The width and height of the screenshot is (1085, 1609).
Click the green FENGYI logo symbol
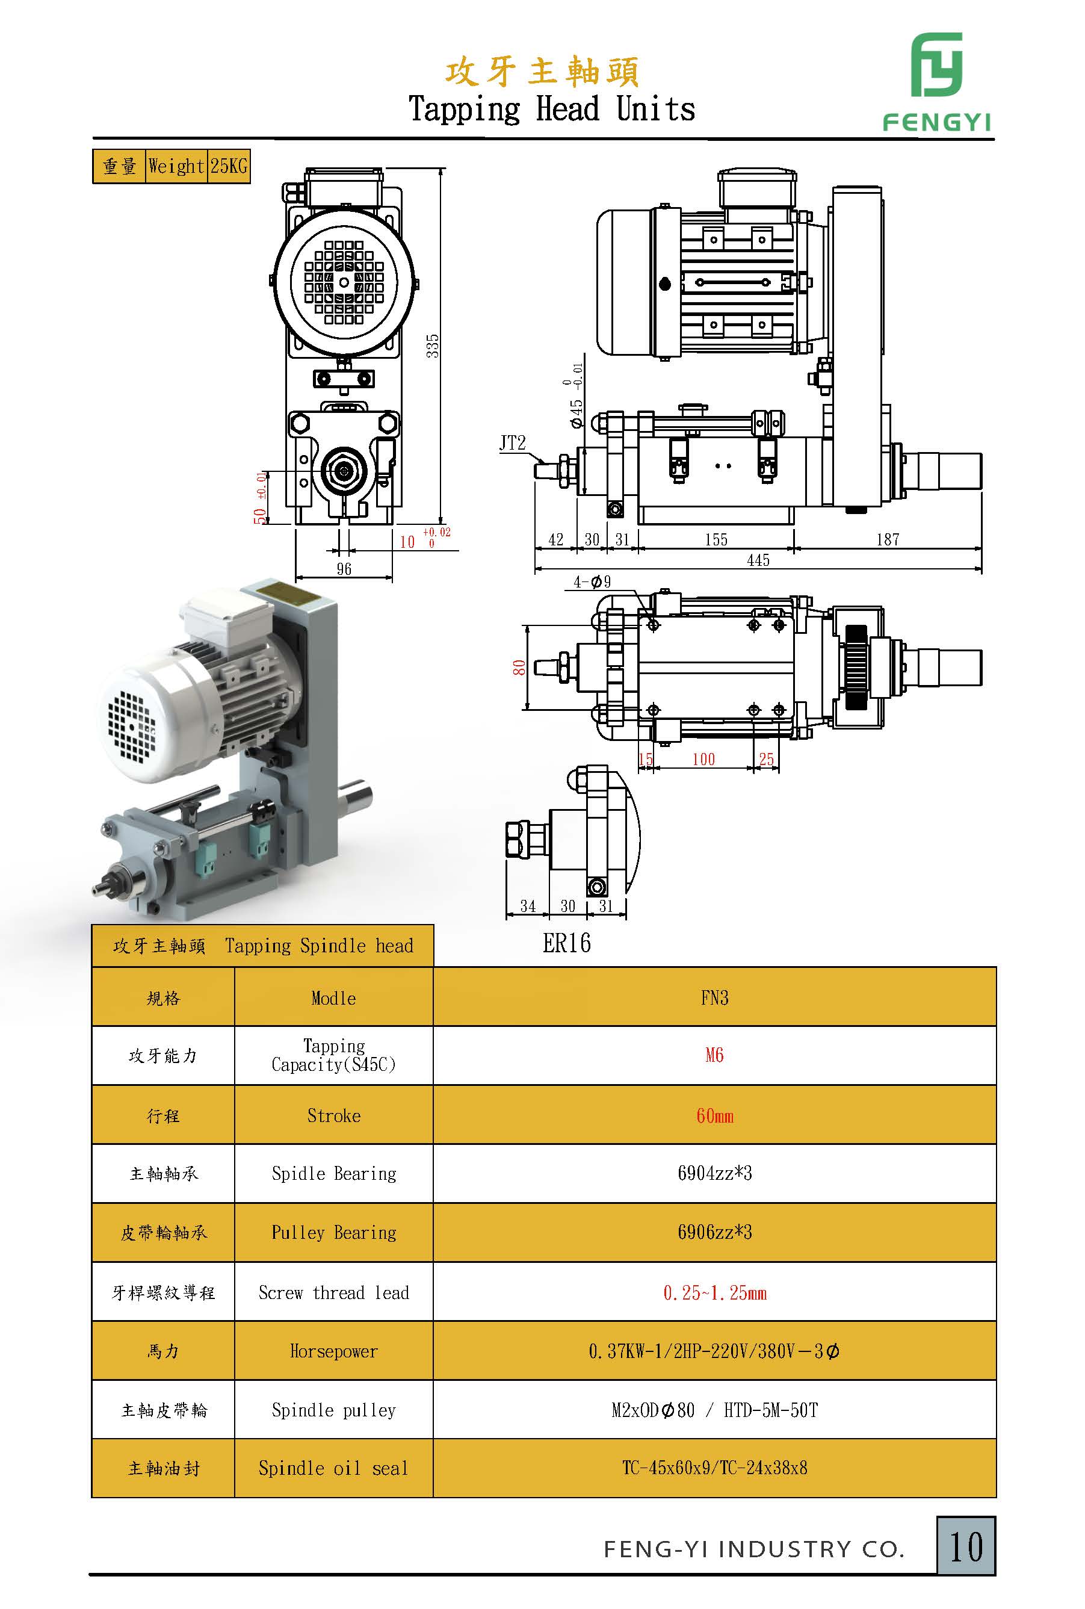936,65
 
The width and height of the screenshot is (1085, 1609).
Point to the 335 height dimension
433,346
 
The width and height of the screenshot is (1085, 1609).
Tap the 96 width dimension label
344,569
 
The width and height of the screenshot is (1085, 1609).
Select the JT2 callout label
513,443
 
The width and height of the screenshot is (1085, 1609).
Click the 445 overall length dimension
758,560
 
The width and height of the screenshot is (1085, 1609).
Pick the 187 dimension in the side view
888,539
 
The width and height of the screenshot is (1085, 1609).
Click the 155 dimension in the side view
716,539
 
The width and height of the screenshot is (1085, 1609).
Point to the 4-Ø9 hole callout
592,582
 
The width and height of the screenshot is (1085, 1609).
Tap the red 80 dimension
519,667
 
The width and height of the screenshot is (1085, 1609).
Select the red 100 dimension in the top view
703,759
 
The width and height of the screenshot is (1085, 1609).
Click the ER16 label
567,943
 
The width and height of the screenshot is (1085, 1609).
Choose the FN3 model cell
714,997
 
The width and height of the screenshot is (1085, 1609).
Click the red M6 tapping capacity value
714,1055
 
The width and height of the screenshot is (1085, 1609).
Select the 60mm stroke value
714,1115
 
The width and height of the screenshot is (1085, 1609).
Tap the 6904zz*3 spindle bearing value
714,1173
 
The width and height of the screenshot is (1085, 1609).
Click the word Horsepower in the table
333,1351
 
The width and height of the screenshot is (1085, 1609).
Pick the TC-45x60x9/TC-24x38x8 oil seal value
714,1468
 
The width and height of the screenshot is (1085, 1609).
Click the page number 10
966,1547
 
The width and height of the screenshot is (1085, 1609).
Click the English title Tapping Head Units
551,108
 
